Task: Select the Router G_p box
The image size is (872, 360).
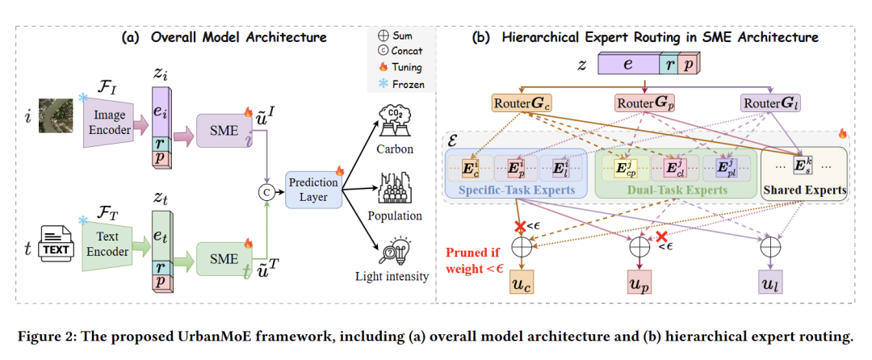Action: click(x=645, y=104)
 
